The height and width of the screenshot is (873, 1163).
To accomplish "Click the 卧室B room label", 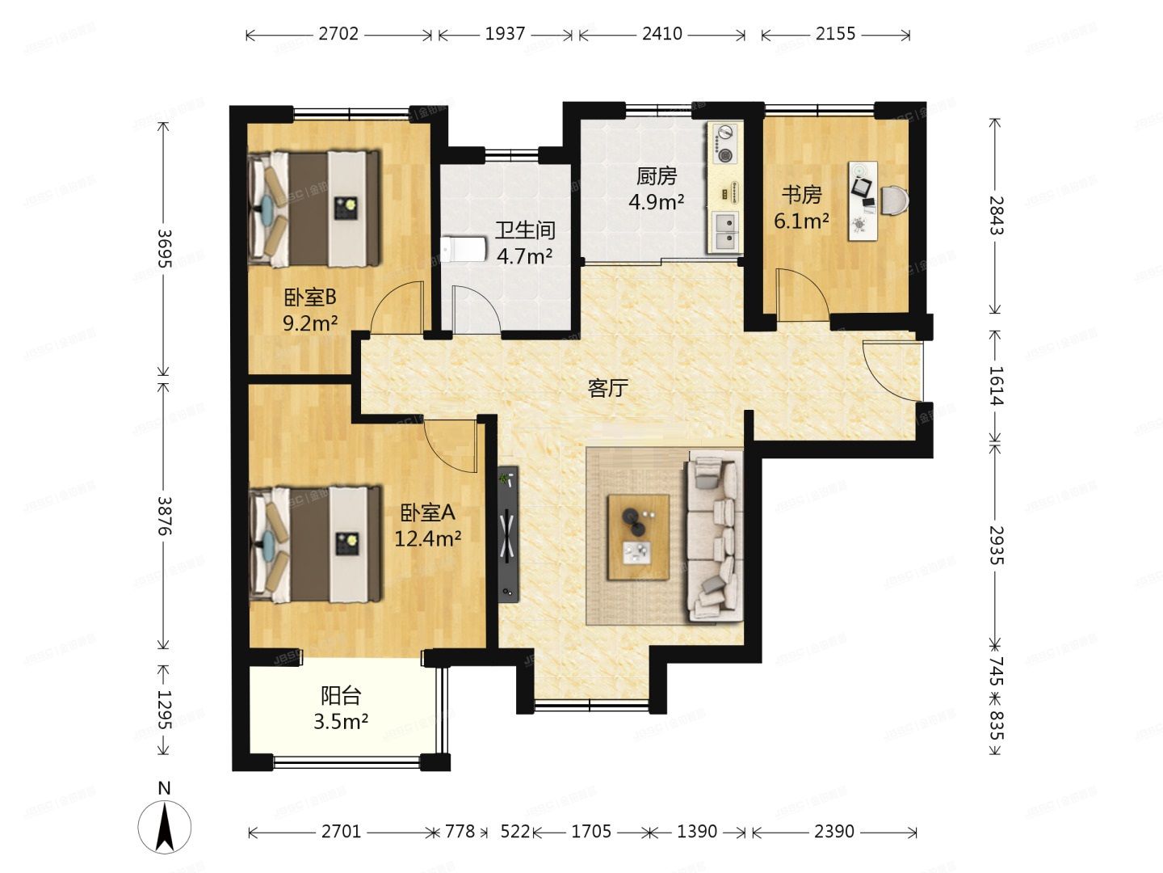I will click(x=309, y=310).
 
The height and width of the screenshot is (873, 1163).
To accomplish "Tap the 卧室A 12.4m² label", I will click(x=427, y=525).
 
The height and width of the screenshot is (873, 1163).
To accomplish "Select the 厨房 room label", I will click(x=657, y=188).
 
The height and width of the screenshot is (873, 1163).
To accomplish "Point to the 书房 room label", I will click(x=801, y=207).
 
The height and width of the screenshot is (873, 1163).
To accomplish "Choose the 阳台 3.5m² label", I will click(x=341, y=708).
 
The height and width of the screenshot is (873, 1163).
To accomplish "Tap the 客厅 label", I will click(x=607, y=389).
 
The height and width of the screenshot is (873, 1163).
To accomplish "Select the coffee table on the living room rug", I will click(x=638, y=536).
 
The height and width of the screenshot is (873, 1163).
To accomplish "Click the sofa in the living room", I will click(x=714, y=538).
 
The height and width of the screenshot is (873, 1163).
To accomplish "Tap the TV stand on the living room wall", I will click(x=508, y=533).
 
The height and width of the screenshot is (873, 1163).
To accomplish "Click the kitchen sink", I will click(x=725, y=230).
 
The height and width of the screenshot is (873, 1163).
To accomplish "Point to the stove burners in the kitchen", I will click(x=724, y=143).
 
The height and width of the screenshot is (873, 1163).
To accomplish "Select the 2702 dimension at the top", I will click(x=338, y=34).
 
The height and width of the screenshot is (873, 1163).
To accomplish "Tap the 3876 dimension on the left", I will click(x=165, y=515).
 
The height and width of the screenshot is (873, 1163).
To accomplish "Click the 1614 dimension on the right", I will click(x=996, y=386).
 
